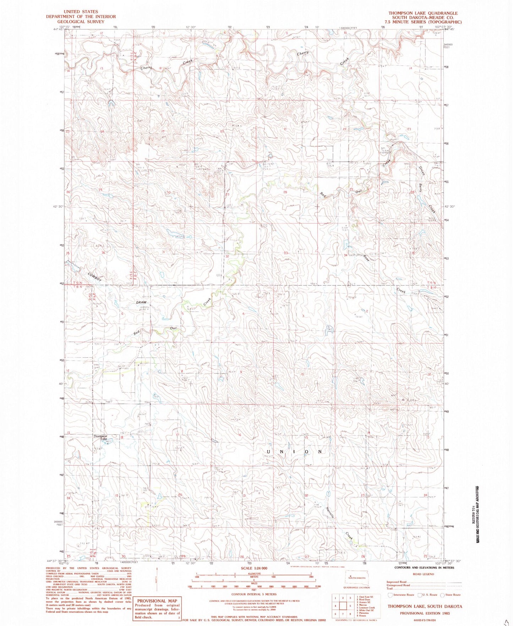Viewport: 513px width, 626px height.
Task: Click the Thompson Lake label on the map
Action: pyautogui.click(x=100, y=438)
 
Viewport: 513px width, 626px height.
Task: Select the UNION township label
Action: pyautogui.click(x=294, y=452)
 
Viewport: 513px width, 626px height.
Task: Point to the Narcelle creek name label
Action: pyautogui.click(x=330, y=511)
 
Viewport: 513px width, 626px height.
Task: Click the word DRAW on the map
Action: pyautogui.click(x=142, y=302)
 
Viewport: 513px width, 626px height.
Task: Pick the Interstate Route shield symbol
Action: pyautogui.click(x=391, y=595)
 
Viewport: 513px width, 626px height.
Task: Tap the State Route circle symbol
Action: pyautogui.click(x=442, y=595)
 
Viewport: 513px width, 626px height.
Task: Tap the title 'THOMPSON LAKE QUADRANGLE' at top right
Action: pyautogui.click(x=423, y=13)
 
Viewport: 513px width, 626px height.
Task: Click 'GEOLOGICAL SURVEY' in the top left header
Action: pyautogui.click(x=81, y=21)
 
